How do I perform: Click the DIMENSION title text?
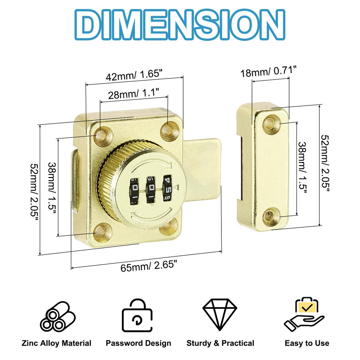[x=180, y=25]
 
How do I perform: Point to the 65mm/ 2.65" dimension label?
[x=149, y=266]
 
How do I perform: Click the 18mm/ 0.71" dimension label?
[x=269, y=71]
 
